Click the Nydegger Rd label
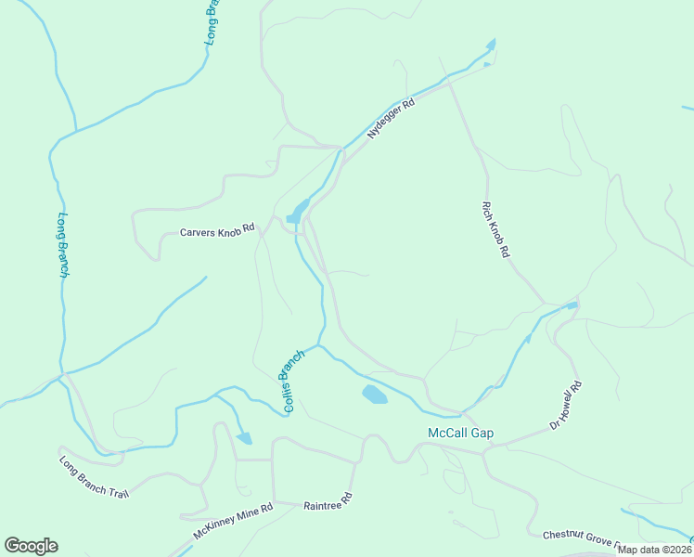pos(390,119)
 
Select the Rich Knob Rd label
pos(496,229)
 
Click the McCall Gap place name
pos(460,434)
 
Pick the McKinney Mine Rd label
pos(233,522)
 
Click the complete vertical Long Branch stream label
pos(63,245)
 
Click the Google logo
pos(31,546)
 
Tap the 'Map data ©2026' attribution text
pos(654,550)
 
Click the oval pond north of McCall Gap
pos(374,395)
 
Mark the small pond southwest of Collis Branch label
pos(244,438)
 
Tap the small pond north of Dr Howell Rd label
pos(572,304)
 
